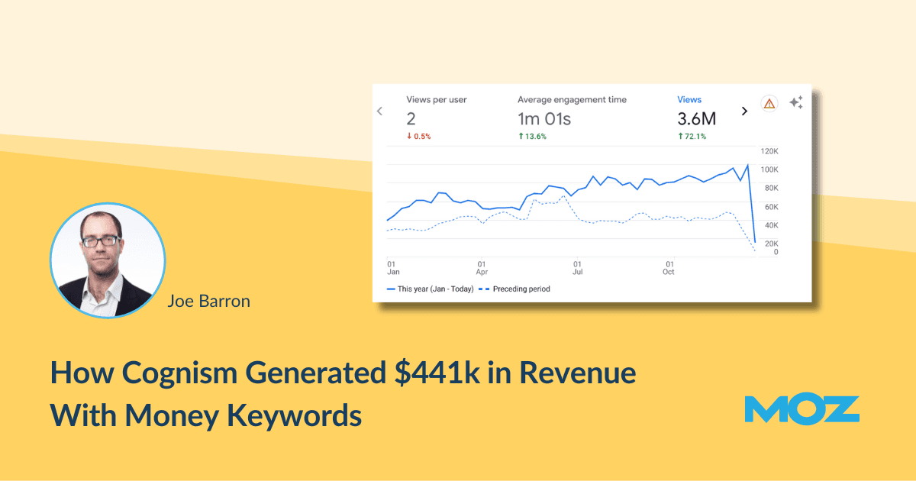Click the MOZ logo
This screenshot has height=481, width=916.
[801, 409]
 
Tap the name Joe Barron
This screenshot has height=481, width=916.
[208, 302]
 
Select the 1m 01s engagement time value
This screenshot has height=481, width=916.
[544, 119]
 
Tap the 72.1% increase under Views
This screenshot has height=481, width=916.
[692, 137]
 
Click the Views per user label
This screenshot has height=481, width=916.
[436, 99]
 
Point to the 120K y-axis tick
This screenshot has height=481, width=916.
[767, 150]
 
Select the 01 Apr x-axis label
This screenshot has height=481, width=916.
[482, 266]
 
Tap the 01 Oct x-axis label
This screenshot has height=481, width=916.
[669, 266]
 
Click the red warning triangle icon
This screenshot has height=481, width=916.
[769, 104]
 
